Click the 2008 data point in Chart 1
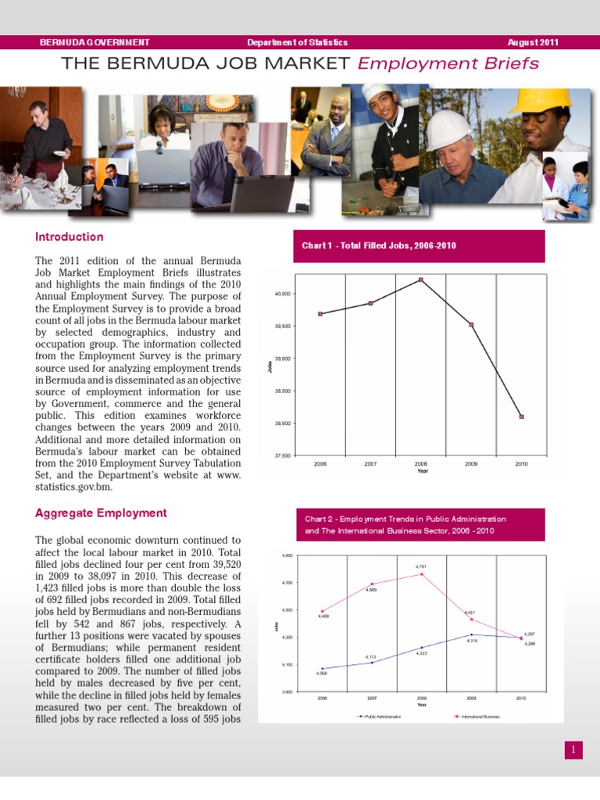tap(421, 280)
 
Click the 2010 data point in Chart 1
tap(521, 416)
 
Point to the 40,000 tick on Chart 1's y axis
tap(282, 294)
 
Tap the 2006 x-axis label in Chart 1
tap(320, 464)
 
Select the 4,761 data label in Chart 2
tap(420, 566)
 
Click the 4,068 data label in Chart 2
tap(322, 673)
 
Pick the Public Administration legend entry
tap(379, 716)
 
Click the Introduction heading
tap(69, 237)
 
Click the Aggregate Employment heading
tap(101, 513)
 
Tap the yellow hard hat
tap(540, 100)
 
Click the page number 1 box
tap(573, 750)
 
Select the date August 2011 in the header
tap(533, 42)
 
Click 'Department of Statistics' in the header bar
tap(297, 42)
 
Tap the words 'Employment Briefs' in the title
tap(448, 63)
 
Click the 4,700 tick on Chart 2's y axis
tap(288, 583)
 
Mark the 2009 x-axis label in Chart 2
tap(471, 698)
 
